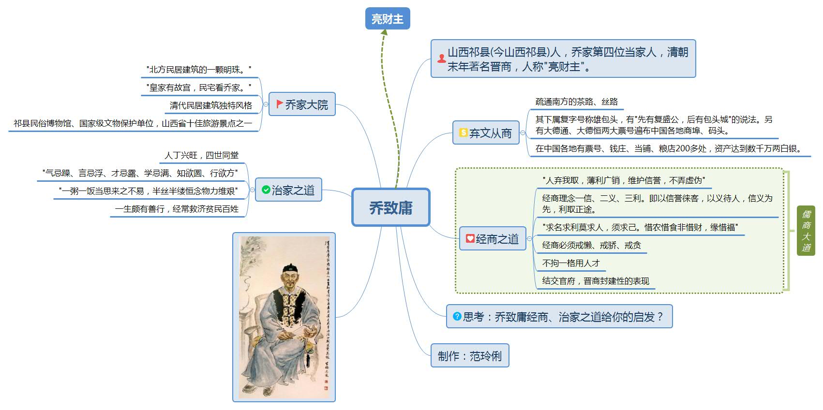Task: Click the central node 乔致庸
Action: (x=390, y=207)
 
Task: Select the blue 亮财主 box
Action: (x=387, y=19)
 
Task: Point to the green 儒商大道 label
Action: (x=806, y=231)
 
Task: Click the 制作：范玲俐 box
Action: (x=469, y=356)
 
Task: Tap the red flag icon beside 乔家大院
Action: (x=279, y=104)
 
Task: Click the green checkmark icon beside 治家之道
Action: (x=266, y=190)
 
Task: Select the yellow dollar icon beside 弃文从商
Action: (x=463, y=132)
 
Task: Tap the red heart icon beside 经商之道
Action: (x=470, y=238)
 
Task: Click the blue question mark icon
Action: (x=457, y=316)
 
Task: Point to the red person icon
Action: (x=441, y=59)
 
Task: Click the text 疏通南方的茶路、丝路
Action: (x=576, y=102)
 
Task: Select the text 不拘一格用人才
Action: (x=570, y=263)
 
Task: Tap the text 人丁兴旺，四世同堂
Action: (x=201, y=155)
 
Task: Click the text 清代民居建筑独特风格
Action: (x=211, y=105)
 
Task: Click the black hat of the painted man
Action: (x=290, y=267)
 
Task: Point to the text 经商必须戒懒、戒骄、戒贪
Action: (x=591, y=245)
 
